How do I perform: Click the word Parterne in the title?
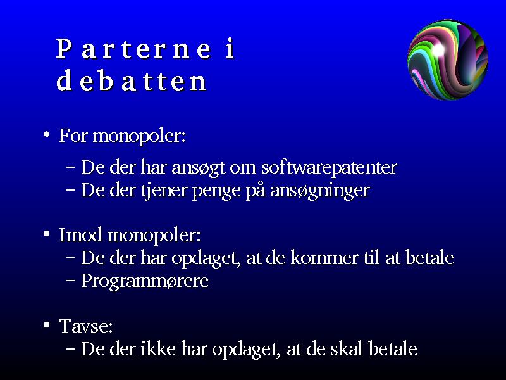pyautogui.click(x=133, y=49)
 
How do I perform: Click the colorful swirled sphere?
pyautogui.click(x=448, y=60)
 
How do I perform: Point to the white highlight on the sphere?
pyautogui.click(x=438, y=49)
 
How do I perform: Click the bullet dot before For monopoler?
pyautogui.click(x=47, y=134)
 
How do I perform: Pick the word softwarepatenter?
pyautogui.click(x=329, y=167)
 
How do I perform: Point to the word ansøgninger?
pyautogui.click(x=320, y=191)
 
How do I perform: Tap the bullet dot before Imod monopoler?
pyautogui.click(x=47, y=233)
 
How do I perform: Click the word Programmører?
pyautogui.click(x=145, y=281)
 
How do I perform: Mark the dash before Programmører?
pyautogui.click(x=70, y=281)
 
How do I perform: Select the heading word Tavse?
pyautogui.click(x=86, y=326)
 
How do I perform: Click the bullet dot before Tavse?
pyautogui.click(x=47, y=324)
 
